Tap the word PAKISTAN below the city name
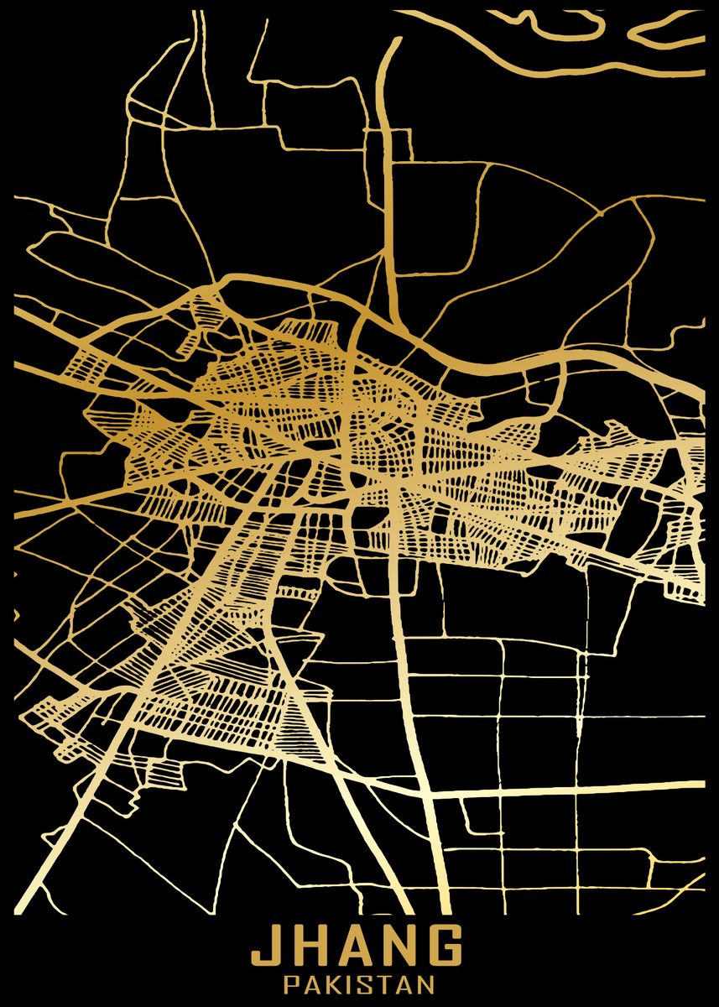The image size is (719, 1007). [359, 984]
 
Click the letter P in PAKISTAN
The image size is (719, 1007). [291, 984]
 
